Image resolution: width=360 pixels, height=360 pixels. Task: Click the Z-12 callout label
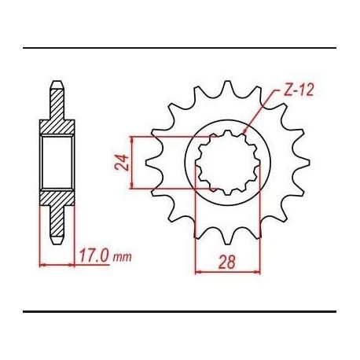pos(299,90)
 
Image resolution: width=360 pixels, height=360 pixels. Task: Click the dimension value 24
pos(122,163)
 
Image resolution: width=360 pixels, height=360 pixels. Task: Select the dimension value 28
pos(227,262)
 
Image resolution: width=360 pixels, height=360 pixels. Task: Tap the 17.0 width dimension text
pos(94,255)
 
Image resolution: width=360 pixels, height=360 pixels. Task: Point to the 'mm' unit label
pos(122,257)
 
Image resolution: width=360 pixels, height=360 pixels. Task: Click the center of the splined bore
pos(227,163)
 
